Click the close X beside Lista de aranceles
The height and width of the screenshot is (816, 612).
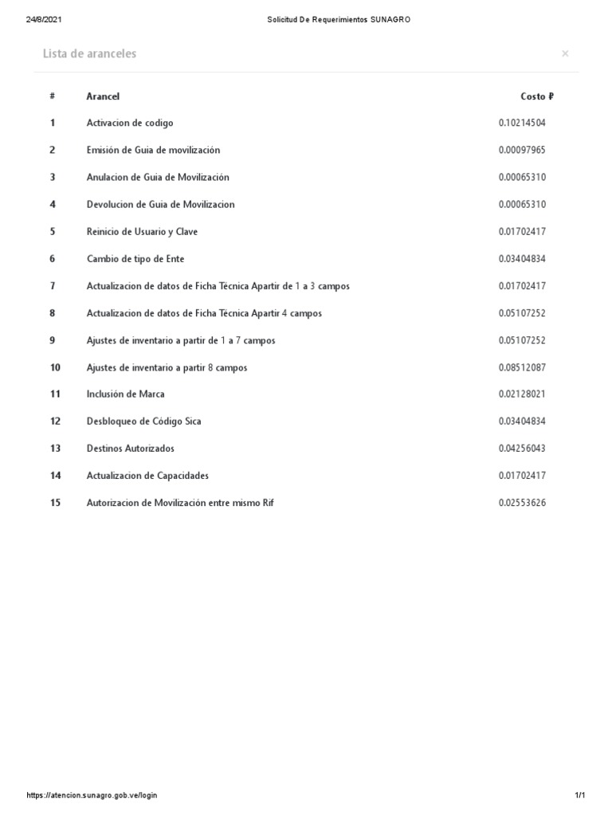point(565,53)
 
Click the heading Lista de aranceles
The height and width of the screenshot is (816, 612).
point(89,53)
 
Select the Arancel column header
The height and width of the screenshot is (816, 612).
point(103,96)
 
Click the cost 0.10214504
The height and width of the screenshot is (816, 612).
point(522,123)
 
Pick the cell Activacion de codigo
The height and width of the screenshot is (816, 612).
point(130,123)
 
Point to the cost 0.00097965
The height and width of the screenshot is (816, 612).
point(522,150)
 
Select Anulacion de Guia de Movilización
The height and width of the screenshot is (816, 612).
point(158,177)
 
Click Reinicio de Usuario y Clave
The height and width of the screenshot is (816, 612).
point(142,232)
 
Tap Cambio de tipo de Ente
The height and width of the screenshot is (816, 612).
point(135,259)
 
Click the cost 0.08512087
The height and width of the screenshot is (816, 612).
point(522,367)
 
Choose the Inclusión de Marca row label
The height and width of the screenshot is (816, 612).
point(126,394)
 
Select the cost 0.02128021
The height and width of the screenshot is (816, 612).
point(522,394)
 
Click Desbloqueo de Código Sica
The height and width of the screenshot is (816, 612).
point(144,421)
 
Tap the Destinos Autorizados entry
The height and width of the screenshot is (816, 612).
point(131,448)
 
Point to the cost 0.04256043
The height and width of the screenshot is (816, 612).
point(522,448)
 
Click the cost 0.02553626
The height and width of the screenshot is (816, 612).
point(522,503)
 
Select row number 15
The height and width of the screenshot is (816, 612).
point(55,503)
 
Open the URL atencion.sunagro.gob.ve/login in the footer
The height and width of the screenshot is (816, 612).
point(92,795)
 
